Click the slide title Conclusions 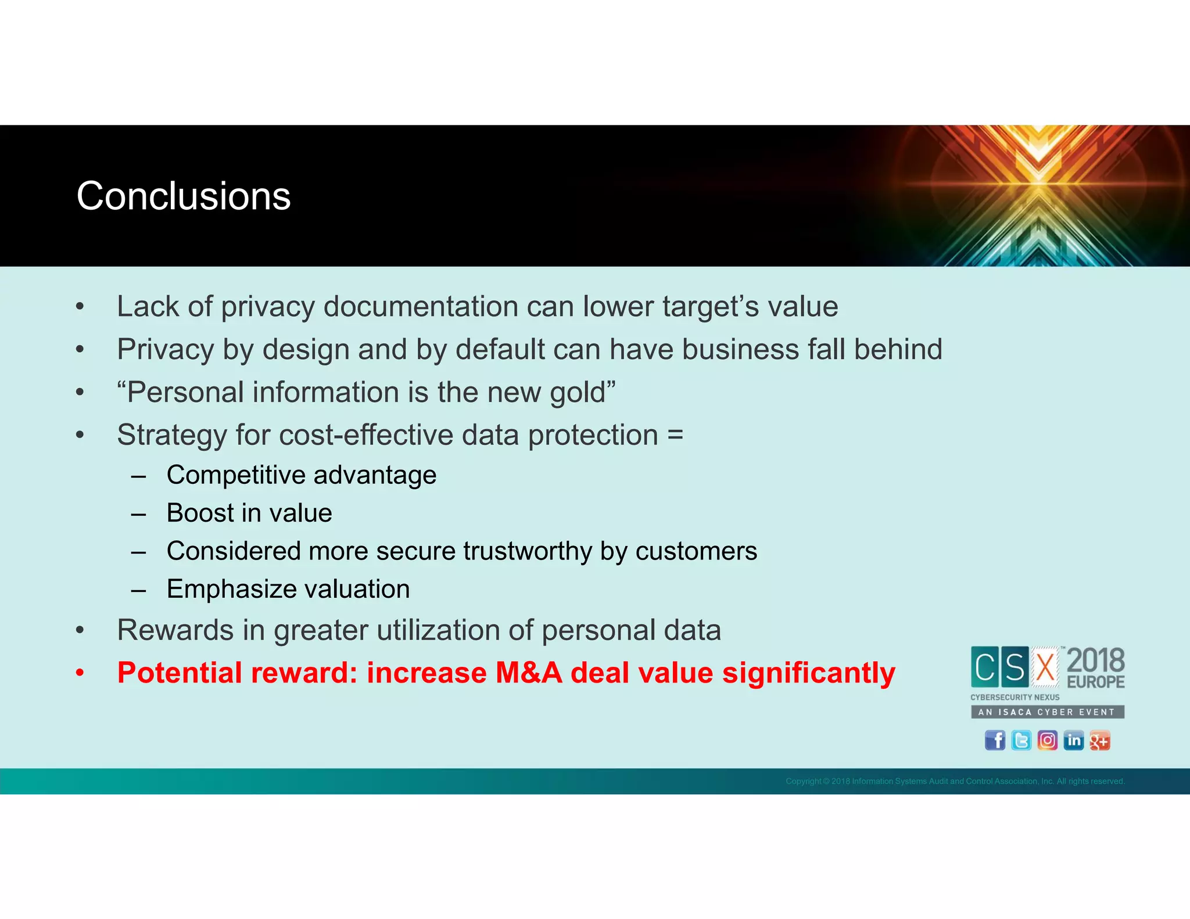pyautogui.click(x=184, y=196)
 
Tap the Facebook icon pyautogui.click(x=995, y=740)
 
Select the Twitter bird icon pyautogui.click(x=1021, y=740)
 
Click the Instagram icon pyautogui.click(x=1047, y=740)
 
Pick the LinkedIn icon pyautogui.click(x=1073, y=740)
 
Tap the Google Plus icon pyautogui.click(x=1099, y=740)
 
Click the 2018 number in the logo pyautogui.click(x=1095, y=661)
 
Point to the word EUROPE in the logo pyautogui.click(x=1095, y=682)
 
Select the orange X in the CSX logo pyautogui.click(x=1045, y=667)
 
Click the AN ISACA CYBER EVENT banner pyautogui.click(x=1047, y=712)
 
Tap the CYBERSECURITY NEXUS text pyautogui.click(x=1015, y=697)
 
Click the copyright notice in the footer pyautogui.click(x=955, y=781)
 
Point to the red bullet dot pyautogui.click(x=80, y=674)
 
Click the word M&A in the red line pyautogui.click(x=529, y=673)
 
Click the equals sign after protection pyautogui.click(x=675, y=436)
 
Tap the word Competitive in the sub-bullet pyautogui.click(x=235, y=475)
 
